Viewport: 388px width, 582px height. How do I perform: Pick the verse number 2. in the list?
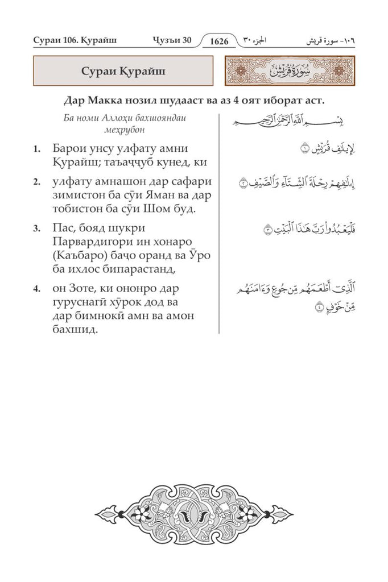pos(36,182)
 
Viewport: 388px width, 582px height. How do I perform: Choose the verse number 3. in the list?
pos(36,229)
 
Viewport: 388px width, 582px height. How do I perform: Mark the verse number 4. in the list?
pos(36,289)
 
